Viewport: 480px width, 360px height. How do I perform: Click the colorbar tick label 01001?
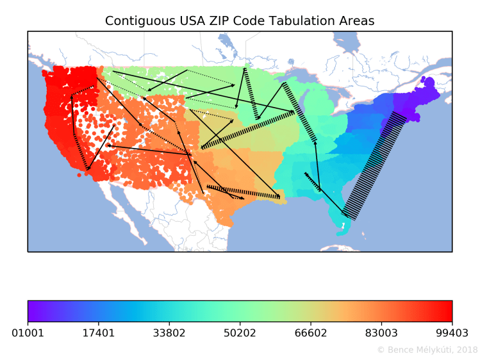tap(28, 333)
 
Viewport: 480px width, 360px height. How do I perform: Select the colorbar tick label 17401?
tap(98, 333)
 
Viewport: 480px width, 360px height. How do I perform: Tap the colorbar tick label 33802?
tap(169, 333)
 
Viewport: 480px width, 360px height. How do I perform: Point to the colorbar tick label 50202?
tap(240, 333)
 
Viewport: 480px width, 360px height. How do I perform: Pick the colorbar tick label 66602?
tap(310, 333)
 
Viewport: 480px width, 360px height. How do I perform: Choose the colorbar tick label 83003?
tap(381, 333)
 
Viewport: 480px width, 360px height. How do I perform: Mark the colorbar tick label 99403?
tap(452, 333)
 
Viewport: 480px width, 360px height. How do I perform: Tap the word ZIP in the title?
tap(210, 21)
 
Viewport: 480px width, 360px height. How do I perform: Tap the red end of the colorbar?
tap(449, 311)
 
